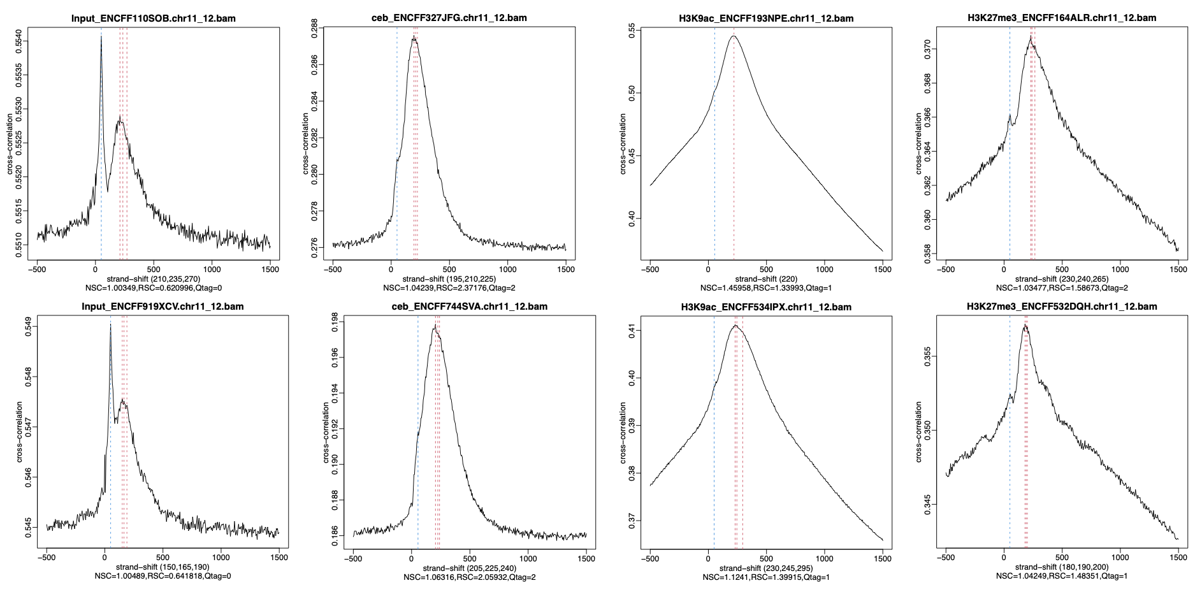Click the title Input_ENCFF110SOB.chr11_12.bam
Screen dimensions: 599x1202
point(153,18)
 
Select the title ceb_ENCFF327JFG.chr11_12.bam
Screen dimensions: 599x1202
point(449,18)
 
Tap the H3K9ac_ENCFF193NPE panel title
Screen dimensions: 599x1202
point(766,18)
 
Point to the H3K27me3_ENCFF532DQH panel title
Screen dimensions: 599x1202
point(1062,307)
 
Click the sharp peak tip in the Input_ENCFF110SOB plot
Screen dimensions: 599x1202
point(101,36)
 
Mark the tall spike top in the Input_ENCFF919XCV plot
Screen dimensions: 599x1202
point(110,324)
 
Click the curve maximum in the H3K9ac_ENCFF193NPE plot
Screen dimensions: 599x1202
point(734,36)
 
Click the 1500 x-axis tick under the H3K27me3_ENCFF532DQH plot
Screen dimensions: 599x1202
point(1178,558)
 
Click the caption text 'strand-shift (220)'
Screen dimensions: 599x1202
point(766,279)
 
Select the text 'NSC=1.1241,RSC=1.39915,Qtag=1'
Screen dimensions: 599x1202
point(766,577)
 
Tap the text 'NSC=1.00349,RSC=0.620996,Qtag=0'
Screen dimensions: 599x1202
point(153,288)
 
